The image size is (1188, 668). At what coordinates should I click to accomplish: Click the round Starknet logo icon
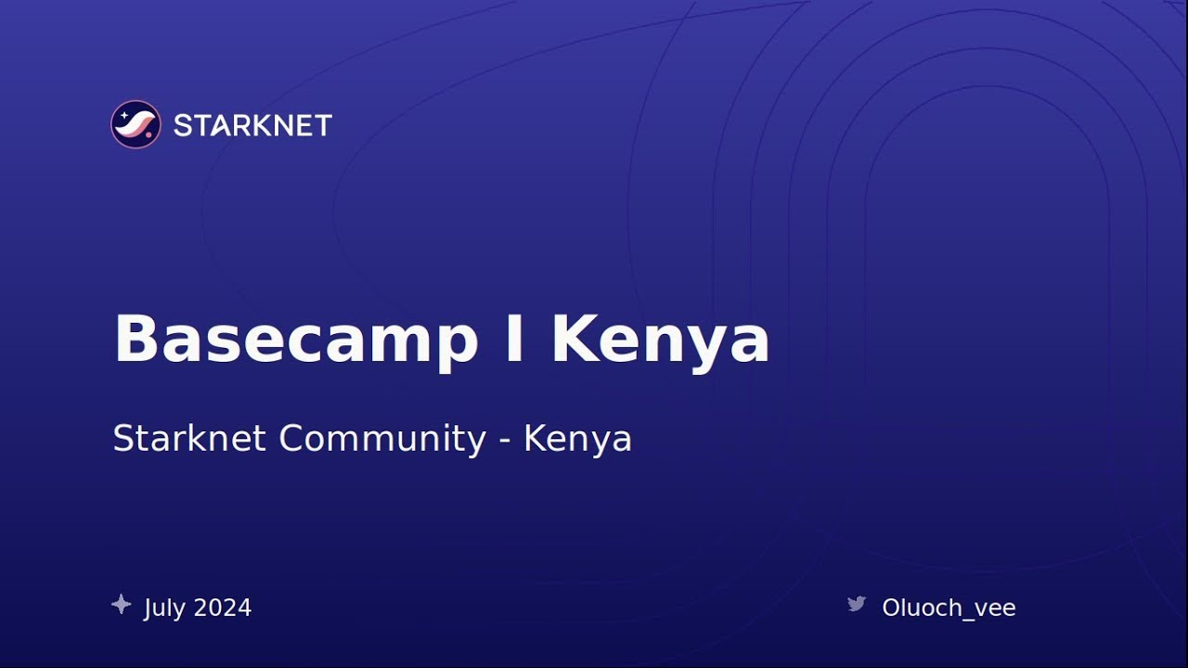click(136, 124)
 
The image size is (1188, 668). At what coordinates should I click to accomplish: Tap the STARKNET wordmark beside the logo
click(252, 125)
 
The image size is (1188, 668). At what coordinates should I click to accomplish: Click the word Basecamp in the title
click(295, 340)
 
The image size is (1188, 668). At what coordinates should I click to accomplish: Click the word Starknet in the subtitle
click(189, 438)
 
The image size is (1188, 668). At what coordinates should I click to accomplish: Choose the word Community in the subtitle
click(382, 439)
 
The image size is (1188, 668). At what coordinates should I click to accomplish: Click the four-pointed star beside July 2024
click(121, 605)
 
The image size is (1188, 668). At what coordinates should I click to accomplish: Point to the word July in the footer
click(164, 609)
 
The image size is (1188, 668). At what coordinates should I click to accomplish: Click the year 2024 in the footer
click(223, 608)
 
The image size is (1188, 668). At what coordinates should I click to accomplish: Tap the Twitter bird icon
click(857, 605)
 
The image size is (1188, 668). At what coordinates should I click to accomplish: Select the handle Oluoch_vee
click(949, 608)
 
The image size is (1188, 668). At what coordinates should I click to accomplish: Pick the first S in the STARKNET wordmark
click(182, 125)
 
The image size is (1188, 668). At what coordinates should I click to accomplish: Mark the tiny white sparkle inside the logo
click(124, 114)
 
